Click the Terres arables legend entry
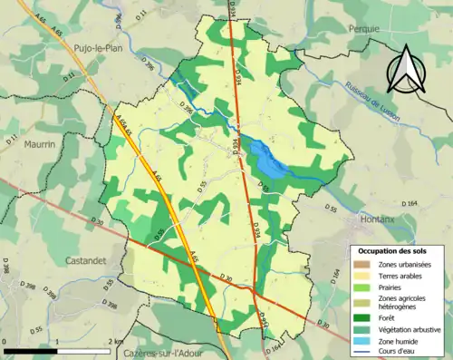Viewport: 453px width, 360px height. [404, 275]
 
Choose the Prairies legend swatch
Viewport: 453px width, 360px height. [362, 287]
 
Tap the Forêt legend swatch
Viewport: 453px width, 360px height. [362, 316]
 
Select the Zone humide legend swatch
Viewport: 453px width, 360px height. [362, 340]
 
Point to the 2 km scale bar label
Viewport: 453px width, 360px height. [115, 341]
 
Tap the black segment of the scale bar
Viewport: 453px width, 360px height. [32, 349]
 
